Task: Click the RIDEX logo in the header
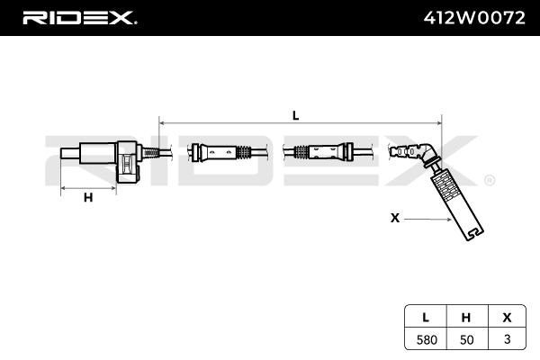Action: click(x=78, y=17)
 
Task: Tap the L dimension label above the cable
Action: click(x=295, y=114)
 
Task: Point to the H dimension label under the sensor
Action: click(x=88, y=198)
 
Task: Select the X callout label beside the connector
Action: click(x=394, y=217)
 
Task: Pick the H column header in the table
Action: click(x=466, y=316)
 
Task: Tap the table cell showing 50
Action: click(x=466, y=339)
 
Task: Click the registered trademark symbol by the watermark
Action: click(x=489, y=180)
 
